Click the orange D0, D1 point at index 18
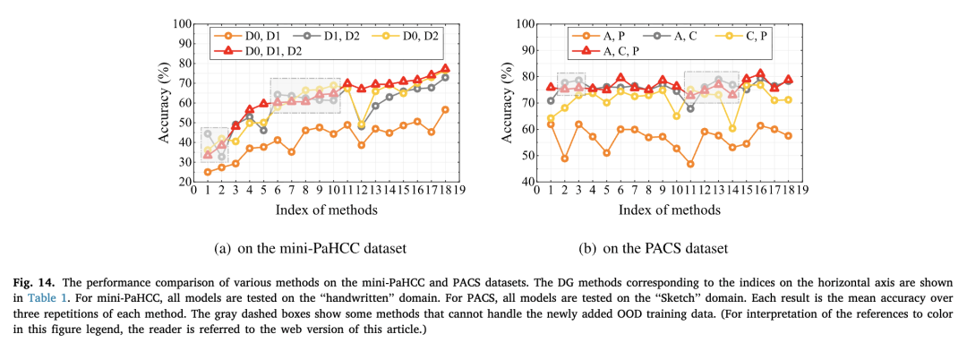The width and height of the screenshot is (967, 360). coord(445,109)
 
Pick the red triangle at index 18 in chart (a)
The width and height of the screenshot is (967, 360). coord(445,69)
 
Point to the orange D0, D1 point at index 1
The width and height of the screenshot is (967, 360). coord(208,172)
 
